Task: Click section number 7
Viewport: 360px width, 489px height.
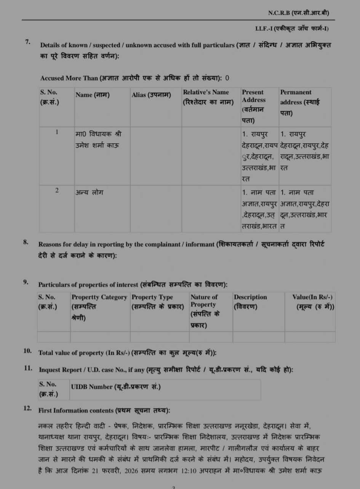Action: pyautogui.click(x=28, y=42)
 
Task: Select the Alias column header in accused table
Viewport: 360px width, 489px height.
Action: pyautogui.click(x=151, y=95)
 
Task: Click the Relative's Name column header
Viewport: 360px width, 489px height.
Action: pyautogui.click(x=208, y=97)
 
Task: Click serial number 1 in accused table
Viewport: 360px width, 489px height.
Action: pyautogui.click(x=57, y=132)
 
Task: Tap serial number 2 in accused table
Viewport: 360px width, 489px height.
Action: pyautogui.click(x=57, y=191)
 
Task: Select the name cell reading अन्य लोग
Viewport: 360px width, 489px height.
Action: pyautogui.click(x=89, y=192)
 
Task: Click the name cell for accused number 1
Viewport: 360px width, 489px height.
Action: pyautogui.click(x=98, y=139)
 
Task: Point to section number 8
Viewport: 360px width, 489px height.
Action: pyautogui.click(x=26, y=242)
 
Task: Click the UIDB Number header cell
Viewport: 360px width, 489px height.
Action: pyautogui.click(x=116, y=386)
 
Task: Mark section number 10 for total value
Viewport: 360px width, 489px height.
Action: pyautogui.click(x=28, y=351)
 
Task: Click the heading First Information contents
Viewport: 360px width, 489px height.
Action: pyautogui.click(x=104, y=410)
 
